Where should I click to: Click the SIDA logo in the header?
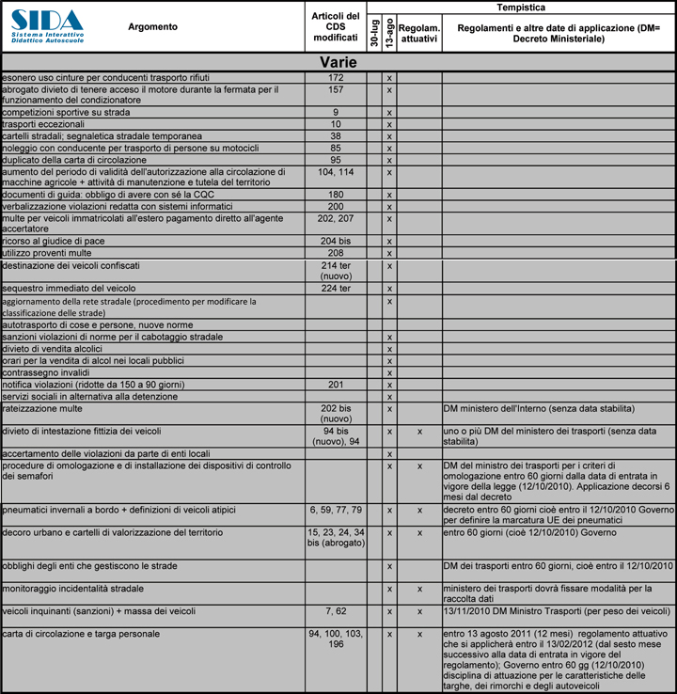pos(46,25)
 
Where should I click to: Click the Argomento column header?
pos(152,27)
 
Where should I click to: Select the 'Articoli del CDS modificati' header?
pos(335,27)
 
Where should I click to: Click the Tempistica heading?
pos(520,7)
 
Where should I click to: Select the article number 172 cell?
pos(336,76)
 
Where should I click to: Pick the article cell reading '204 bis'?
pos(336,241)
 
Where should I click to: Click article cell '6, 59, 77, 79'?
pos(336,510)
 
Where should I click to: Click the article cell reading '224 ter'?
pos(336,288)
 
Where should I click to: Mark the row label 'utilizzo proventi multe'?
pos(44,253)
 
